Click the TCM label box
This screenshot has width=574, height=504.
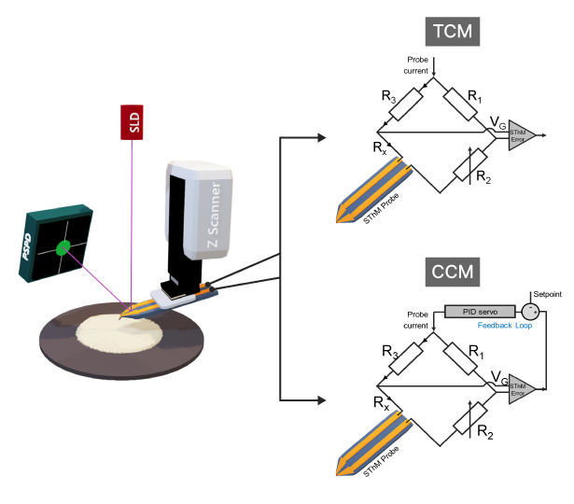pos(454,32)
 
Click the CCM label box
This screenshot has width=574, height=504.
pos(454,273)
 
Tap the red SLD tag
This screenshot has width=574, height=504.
pos(132,122)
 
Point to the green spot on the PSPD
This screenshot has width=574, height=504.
pos(63,248)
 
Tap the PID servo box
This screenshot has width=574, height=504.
pos(480,311)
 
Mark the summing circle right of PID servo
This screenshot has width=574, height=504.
pos(530,311)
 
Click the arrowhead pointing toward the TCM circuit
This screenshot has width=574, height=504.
pos(321,138)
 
